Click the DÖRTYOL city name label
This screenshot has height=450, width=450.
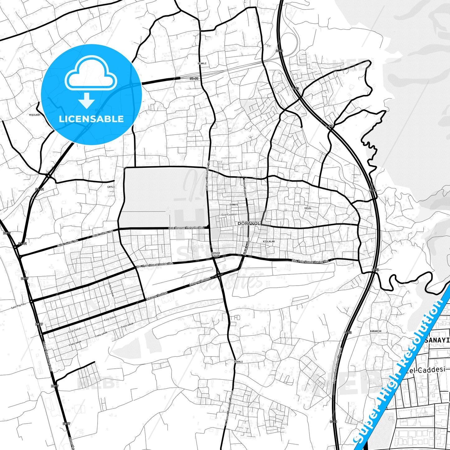coord(249,224)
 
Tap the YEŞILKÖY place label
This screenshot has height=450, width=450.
coord(35,115)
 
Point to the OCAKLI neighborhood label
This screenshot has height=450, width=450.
coord(202,63)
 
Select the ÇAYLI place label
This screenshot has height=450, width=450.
coord(111,187)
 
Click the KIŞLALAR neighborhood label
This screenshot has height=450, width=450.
coord(269,241)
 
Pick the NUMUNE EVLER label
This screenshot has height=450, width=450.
coord(216,254)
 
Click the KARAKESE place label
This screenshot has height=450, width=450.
coord(376,331)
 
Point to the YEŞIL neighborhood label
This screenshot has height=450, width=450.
coord(308,208)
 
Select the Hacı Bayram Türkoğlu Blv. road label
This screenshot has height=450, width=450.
coord(186,228)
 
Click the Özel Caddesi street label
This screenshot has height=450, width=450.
coord(229,215)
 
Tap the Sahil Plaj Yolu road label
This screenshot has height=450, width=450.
coord(18,305)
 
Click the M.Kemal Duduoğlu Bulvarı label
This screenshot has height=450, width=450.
coord(229,408)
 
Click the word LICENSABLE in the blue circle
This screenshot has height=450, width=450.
coord(91,119)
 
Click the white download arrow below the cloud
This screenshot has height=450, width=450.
coord(87,100)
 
